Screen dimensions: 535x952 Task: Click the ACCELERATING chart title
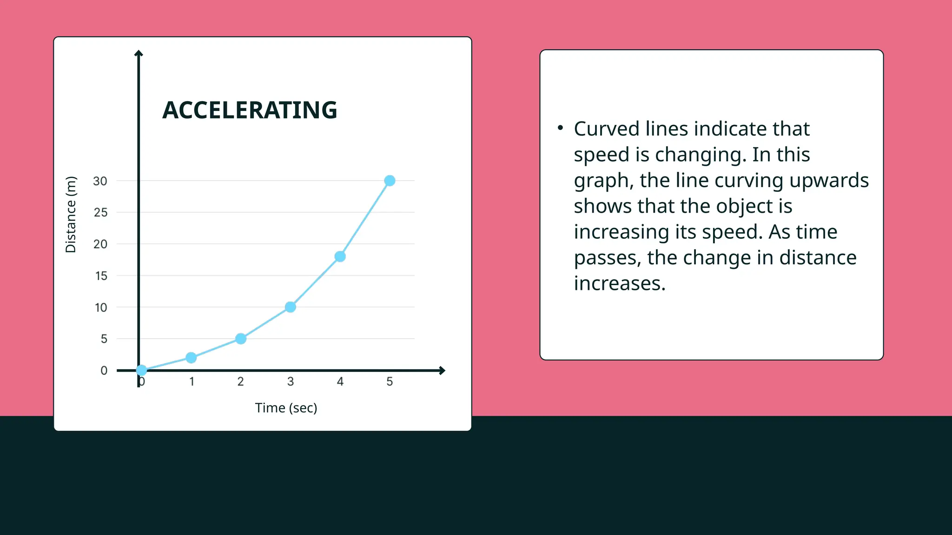(x=250, y=111)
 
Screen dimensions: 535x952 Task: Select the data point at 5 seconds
(x=390, y=181)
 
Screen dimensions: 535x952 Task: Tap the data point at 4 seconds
(x=340, y=256)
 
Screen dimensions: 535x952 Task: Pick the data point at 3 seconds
(x=290, y=307)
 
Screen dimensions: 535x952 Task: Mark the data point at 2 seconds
(x=240, y=339)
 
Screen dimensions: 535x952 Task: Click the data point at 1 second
(x=191, y=358)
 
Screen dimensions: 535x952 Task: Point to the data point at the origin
(x=141, y=370)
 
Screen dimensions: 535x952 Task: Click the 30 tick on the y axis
(x=100, y=181)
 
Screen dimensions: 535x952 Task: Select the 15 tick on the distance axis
(x=101, y=276)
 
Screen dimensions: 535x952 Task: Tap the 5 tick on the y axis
(x=104, y=339)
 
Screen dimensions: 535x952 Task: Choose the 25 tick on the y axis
(x=100, y=213)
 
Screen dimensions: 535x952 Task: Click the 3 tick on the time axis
(x=290, y=382)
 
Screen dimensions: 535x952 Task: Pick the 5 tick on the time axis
(x=390, y=382)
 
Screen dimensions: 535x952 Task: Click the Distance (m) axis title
(x=71, y=215)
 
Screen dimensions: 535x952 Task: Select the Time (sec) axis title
(x=286, y=408)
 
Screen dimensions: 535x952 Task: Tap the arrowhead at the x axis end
(x=442, y=371)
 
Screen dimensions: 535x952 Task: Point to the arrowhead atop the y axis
(x=139, y=53)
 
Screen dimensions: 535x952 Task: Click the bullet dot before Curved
(x=560, y=127)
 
